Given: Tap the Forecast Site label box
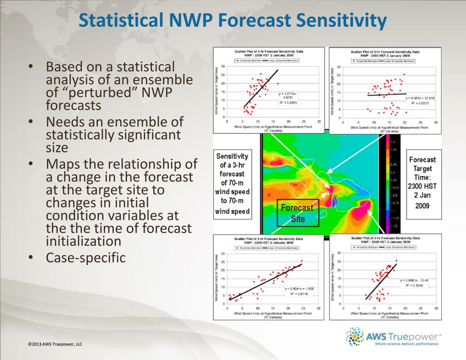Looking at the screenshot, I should (x=296, y=213).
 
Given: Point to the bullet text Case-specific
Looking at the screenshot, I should (x=86, y=257).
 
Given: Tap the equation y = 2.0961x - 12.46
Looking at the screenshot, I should (x=417, y=280).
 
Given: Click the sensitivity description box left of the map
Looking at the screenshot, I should (x=232, y=183).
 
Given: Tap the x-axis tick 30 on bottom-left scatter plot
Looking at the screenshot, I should (x=318, y=309).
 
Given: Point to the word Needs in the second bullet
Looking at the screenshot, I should (x=67, y=122).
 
